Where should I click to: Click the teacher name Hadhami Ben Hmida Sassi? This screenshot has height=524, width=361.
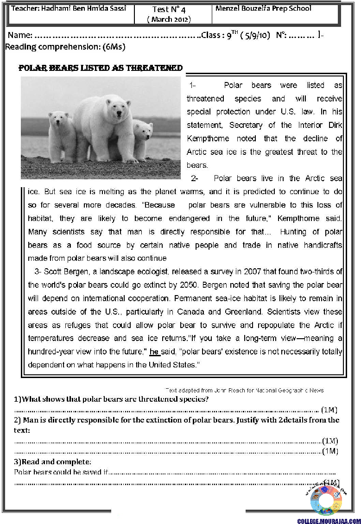coord(69,9)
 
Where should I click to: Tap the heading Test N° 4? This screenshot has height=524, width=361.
coord(169,9)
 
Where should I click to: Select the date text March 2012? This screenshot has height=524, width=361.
coord(169,19)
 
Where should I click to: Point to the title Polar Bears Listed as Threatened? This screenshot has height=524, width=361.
coord(100,68)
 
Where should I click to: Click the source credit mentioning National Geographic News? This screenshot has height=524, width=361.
coord(244,390)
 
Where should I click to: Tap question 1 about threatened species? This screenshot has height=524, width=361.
coord(111,399)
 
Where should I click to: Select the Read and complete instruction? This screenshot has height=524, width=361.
coord(53,461)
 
